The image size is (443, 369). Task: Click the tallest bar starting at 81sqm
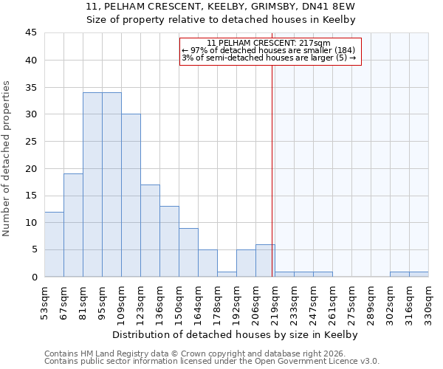tap(92, 184)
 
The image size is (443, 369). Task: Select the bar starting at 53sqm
tap(54, 244)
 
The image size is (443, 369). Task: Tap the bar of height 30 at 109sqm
tap(131, 196)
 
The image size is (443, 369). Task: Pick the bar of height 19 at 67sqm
tap(73, 225)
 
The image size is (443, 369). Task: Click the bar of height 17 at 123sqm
tap(150, 230)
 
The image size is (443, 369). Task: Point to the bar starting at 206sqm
tap(265, 261)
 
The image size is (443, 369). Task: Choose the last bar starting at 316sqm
tap(419, 274)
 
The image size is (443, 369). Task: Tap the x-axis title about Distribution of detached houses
tap(236, 335)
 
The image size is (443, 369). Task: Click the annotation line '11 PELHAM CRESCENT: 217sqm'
tap(269, 44)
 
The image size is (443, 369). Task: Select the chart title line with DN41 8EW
tap(221, 7)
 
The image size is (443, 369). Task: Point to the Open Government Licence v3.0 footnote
tap(212, 362)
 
